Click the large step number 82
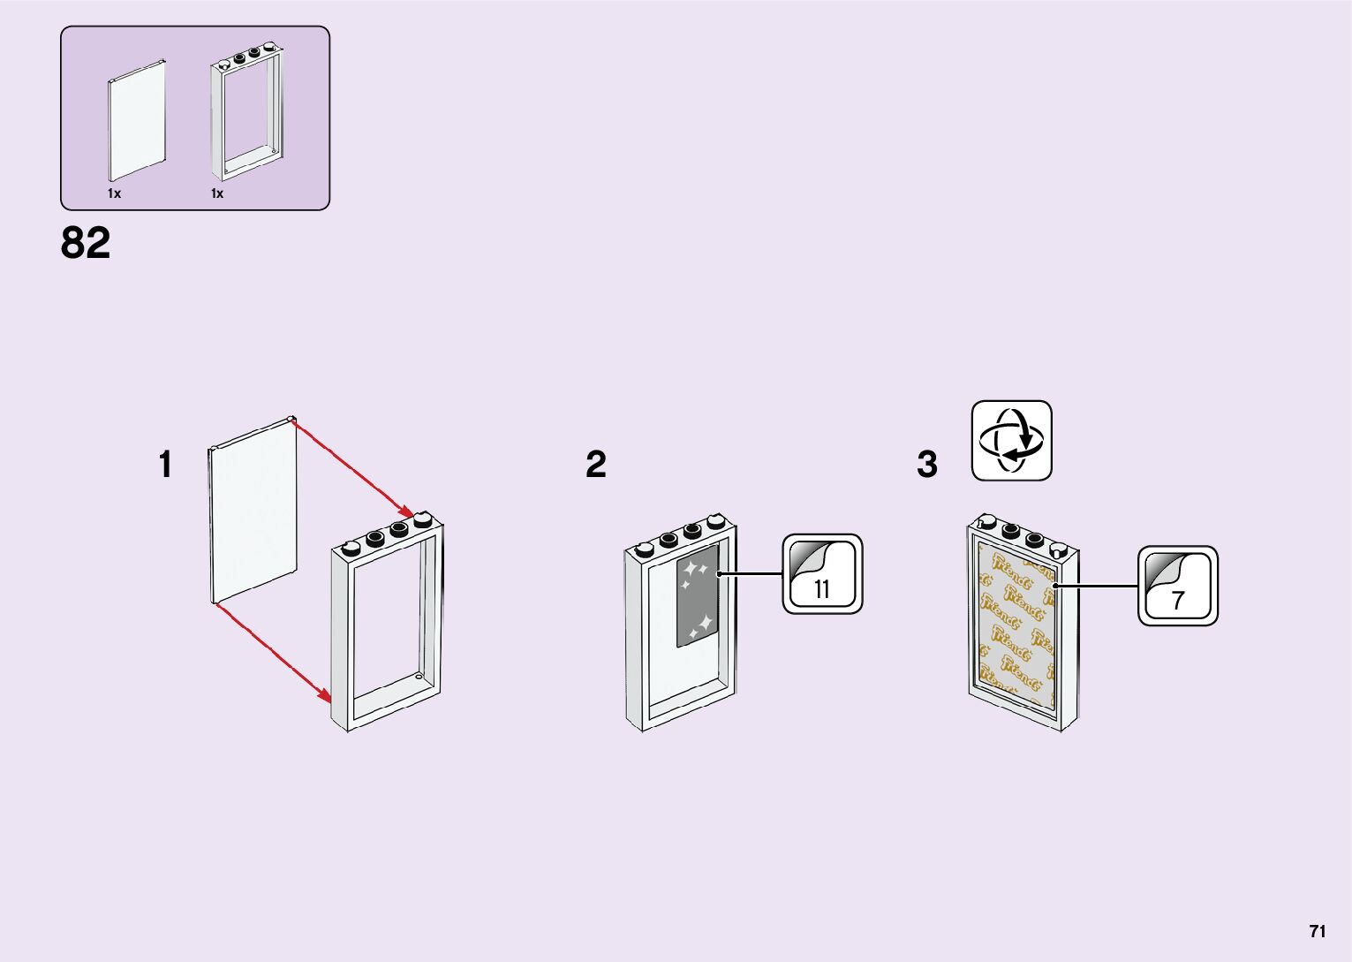click(86, 243)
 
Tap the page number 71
click(1317, 931)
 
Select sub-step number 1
click(165, 465)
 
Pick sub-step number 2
click(596, 465)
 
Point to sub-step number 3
click(926, 465)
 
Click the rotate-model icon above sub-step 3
click(1011, 441)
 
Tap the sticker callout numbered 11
click(822, 574)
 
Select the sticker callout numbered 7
click(1177, 587)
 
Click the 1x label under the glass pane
click(114, 193)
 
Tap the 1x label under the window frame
click(216, 193)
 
